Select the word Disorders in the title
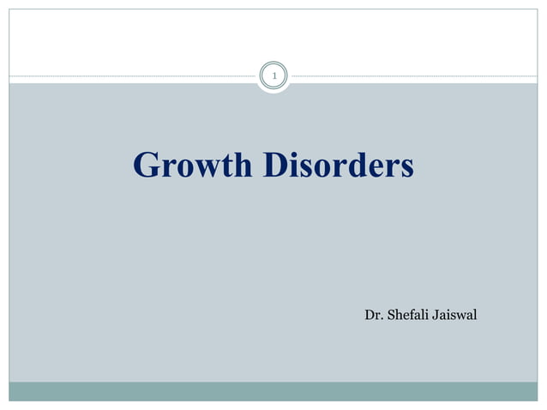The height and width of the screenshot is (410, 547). point(338,165)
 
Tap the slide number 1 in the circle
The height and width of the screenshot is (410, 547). point(273,77)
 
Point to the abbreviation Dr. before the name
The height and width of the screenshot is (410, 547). point(373,315)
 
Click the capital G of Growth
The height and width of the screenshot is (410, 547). point(145,165)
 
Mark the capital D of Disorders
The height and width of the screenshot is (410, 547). point(274,165)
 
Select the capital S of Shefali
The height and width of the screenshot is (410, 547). point(391,315)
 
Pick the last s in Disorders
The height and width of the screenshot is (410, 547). point(406,167)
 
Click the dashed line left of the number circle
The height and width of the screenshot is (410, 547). point(129,77)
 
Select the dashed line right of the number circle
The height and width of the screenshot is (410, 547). point(412,77)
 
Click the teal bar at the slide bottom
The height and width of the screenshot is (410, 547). point(273,391)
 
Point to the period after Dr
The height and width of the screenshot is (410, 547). point(381,319)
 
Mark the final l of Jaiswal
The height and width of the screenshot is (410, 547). point(475,315)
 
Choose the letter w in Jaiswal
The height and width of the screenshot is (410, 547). point(462,317)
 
